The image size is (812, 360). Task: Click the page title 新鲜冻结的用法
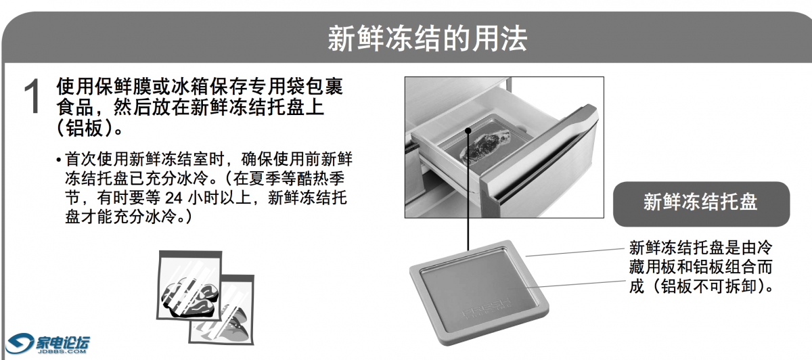coord(427,39)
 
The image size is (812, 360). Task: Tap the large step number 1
coord(32,97)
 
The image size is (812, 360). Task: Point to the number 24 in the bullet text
coord(174,198)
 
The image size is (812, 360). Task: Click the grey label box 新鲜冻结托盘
coord(701,204)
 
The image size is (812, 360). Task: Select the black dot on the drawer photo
coord(468,131)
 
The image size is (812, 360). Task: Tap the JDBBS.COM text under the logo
coord(62,351)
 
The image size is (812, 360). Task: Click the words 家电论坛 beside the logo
coord(62,342)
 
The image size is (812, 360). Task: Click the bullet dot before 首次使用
coord(59,160)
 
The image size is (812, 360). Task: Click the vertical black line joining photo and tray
coord(468,190)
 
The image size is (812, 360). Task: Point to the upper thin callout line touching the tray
coord(574,252)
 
